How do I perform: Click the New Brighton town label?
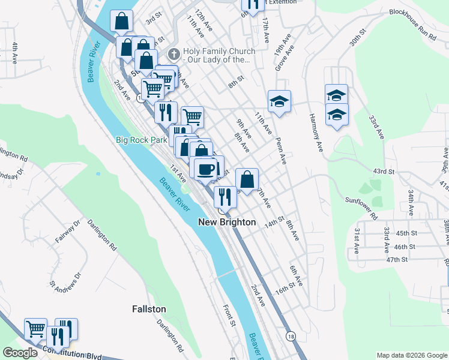click(x=227, y=222)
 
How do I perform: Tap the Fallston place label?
click(x=149, y=308)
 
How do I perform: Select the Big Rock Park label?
click(x=141, y=140)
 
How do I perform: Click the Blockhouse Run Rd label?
click(x=412, y=32)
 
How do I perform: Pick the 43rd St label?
click(x=383, y=172)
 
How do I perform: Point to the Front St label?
click(x=229, y=315)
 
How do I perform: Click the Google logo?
click(x=20, y=353)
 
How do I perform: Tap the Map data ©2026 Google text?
click(x=411, y=355)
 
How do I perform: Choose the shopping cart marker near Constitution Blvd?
click(x=35, y=329)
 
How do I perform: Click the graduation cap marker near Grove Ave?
click(x=279, y=101)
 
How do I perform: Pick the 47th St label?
click(x=397, y=259)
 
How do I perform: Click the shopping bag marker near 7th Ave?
click(x=247, y=179)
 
